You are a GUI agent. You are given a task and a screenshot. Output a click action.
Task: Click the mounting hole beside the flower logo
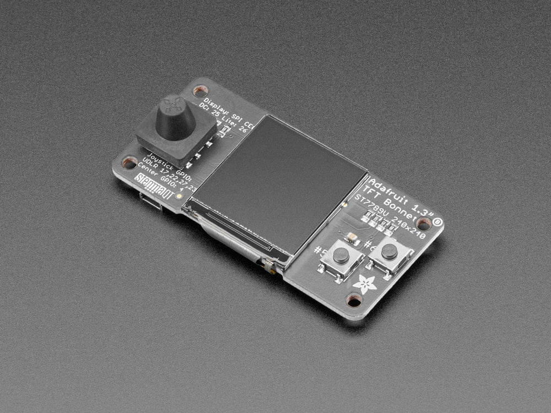[354, 300]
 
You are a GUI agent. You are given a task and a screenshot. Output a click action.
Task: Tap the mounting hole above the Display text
[200, 90]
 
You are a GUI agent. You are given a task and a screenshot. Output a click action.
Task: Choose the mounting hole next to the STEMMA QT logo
[130, 162]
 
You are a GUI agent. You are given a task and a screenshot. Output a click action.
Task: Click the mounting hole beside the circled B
[423, 224]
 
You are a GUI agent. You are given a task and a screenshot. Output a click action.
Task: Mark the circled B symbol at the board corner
[437, 221]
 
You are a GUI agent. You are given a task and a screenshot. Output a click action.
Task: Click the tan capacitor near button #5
[352, 237]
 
